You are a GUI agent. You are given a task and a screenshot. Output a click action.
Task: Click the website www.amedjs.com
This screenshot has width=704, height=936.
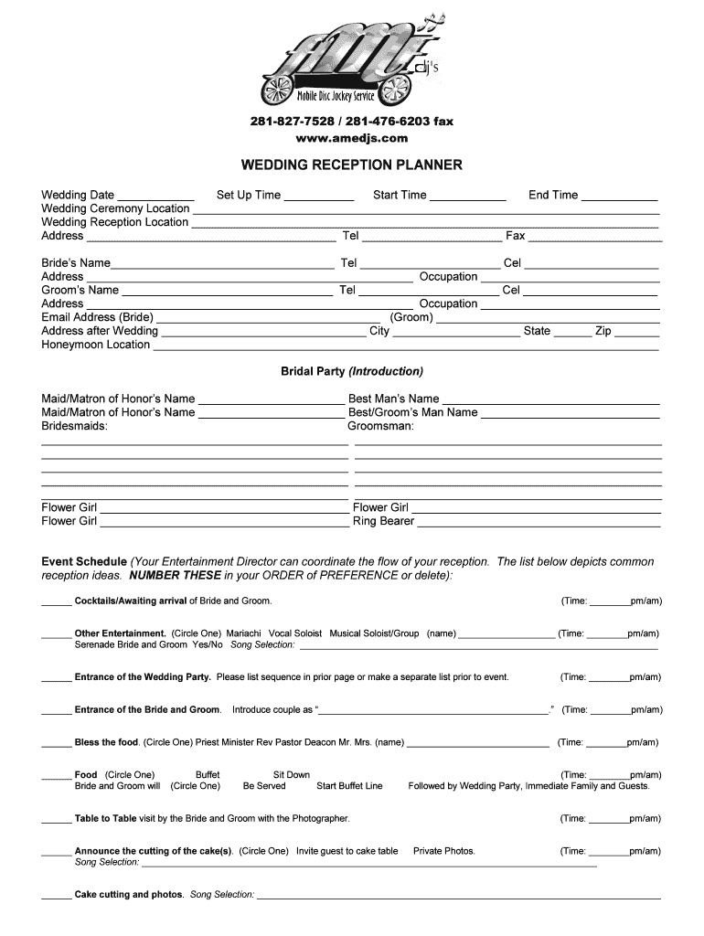click(x=351, y=138)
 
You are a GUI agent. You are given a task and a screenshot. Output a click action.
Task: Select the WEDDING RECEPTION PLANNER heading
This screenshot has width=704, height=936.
click(x=351, y=165)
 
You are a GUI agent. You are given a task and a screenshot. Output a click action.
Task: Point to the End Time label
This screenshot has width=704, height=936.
click(x=552, y=195)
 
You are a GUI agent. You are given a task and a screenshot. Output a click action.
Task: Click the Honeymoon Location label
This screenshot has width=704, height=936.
click(x=95, y=345)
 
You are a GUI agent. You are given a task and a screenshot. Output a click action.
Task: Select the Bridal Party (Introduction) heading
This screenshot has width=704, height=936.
click(x=351, y=371)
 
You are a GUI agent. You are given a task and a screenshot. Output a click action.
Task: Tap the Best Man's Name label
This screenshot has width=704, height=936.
click(x=393, y=399)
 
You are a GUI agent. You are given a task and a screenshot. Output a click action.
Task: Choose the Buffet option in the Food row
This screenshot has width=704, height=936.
click(x=208, y=774)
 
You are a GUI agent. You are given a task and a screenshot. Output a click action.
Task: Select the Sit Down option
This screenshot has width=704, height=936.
click(x=291, y=774)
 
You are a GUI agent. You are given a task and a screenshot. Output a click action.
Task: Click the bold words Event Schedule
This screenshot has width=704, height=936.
click(x=84, y=561)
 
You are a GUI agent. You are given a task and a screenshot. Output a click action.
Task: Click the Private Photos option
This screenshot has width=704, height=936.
click(x=443, y=851)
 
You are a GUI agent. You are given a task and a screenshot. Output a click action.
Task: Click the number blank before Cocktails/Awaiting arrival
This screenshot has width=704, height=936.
click(x=56, y=603)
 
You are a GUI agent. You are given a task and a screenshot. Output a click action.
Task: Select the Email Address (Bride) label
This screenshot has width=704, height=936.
click(x=97, y=317)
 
